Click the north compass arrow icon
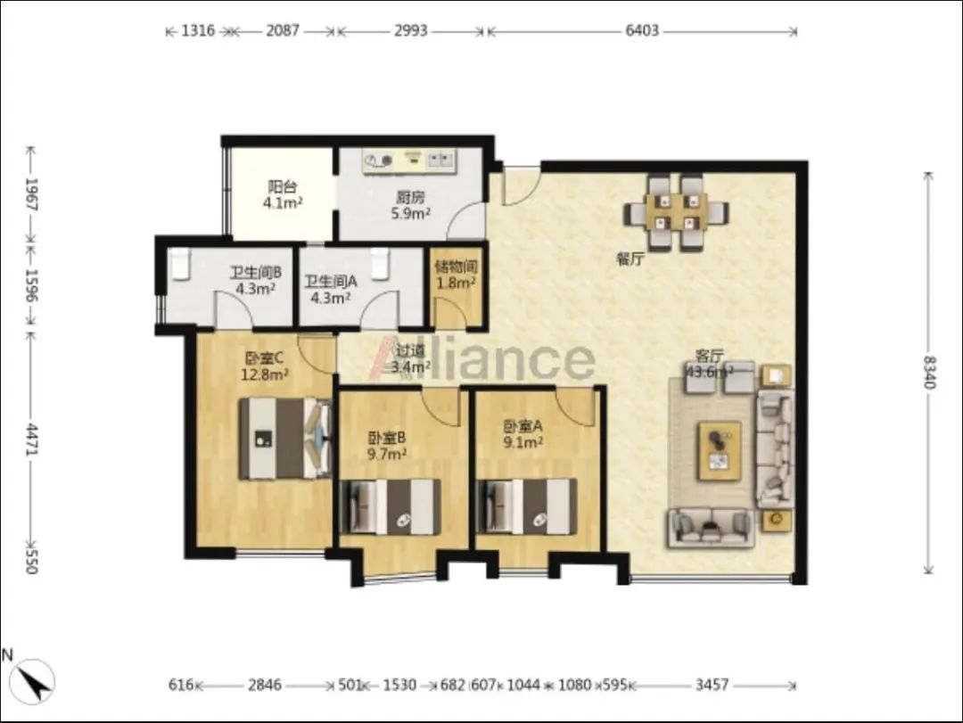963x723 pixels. pos(33,680)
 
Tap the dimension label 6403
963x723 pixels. pos(642,30)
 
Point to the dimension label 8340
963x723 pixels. pos(928,373)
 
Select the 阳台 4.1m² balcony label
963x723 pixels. pos(283,194)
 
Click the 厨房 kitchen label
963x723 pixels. pos(410,205)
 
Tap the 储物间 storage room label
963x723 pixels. pos(456,275)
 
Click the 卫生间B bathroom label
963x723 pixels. pos(256,280)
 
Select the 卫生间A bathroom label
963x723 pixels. pos(331,290)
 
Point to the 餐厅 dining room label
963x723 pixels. pos(630,259)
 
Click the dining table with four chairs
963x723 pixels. pos(676,212)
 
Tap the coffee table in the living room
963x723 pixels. pos(719,451)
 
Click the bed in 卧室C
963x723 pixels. pos(285,439)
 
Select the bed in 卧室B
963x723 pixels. pos(390,506)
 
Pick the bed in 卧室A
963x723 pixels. pos(526,506)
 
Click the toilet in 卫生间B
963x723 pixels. pos(180,265)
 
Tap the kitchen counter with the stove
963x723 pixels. pos(409,161)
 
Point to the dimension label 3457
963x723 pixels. pos(712,685)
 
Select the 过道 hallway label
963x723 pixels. pos(410,358)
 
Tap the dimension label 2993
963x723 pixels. pos(410,30)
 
